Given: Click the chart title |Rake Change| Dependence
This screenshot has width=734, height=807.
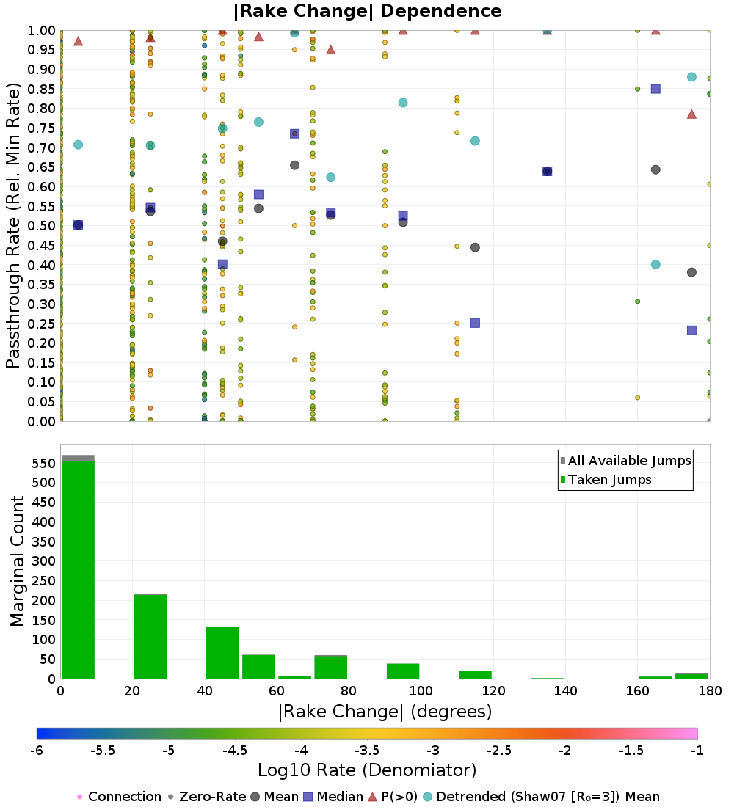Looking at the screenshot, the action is [x=367, y=11].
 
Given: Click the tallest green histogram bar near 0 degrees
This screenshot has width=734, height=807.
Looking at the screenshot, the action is [x=79, y=570].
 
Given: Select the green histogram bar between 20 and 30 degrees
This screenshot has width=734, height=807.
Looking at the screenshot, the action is [x=150, y=637].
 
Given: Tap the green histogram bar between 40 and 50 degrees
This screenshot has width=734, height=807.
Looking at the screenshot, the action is [x=222, y=653].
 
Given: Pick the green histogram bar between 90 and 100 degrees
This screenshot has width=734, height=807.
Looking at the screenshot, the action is [x=403, y=671].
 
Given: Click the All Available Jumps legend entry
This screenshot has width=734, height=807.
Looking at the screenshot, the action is [x=625, y=461].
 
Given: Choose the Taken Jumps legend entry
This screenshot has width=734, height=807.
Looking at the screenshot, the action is [x=606, y=480].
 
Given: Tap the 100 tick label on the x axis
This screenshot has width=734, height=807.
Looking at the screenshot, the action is [x=421, y=690].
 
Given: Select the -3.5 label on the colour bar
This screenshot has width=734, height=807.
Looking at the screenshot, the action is [x=370, y=751].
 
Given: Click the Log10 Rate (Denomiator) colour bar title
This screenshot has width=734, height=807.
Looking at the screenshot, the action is [x=367, y=770].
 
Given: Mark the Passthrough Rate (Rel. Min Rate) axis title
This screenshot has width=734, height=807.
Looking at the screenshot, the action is [x=13, y=225].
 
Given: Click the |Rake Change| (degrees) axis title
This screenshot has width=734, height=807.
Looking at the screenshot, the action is [x=385, y=712].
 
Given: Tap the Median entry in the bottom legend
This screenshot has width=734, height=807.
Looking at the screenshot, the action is [x=333, y=797].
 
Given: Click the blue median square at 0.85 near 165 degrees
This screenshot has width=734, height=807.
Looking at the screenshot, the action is [x=655, y=89].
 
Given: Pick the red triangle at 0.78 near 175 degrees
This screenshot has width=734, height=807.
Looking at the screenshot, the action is [x=691, y=114].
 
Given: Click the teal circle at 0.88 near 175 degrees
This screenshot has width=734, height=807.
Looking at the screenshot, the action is [x=691, y=77].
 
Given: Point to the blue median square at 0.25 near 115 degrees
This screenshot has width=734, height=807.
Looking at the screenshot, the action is [x=475, y=324].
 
